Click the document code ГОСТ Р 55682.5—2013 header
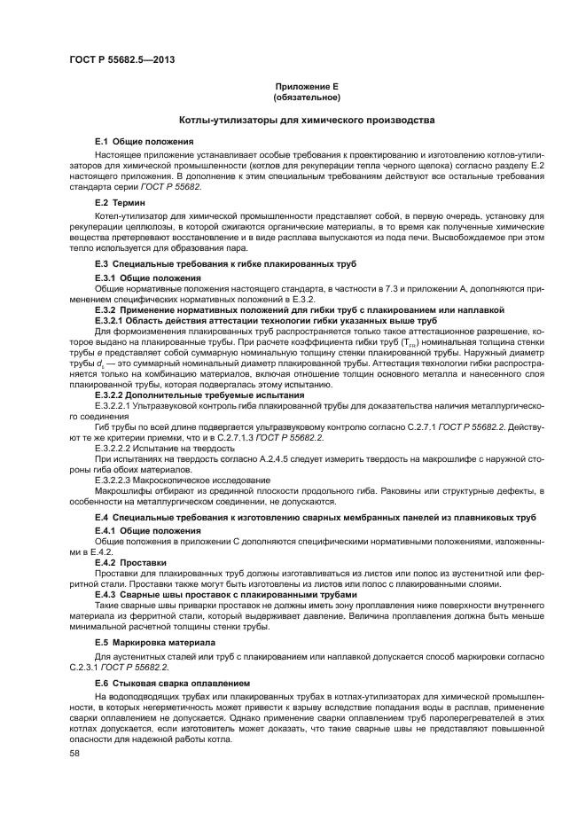pyautogui.click(x=121, y=60)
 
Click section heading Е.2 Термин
pyautogui.click(x=127, y=203)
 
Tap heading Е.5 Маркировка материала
pyautogui.click(x=155, y=641)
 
